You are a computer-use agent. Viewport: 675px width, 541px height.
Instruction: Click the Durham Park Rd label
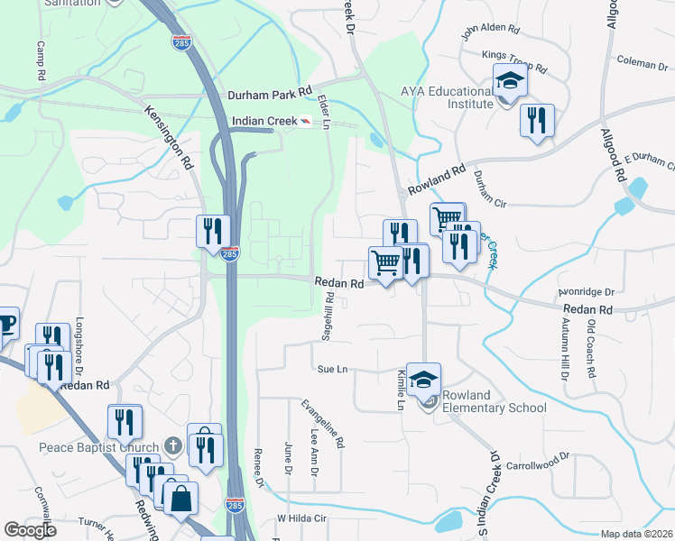click(x=269, y=92)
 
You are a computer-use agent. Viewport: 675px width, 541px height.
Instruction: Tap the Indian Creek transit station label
click(x=264, y=121)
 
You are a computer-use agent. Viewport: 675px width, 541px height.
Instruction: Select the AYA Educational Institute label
click(x=448, y=96)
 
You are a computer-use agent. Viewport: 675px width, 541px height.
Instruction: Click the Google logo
click(x=30, y=530)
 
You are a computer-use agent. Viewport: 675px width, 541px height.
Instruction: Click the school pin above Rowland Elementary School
click(x=422, y=380)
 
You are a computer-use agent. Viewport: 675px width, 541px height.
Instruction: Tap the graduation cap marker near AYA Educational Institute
click(x=510, y=83)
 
